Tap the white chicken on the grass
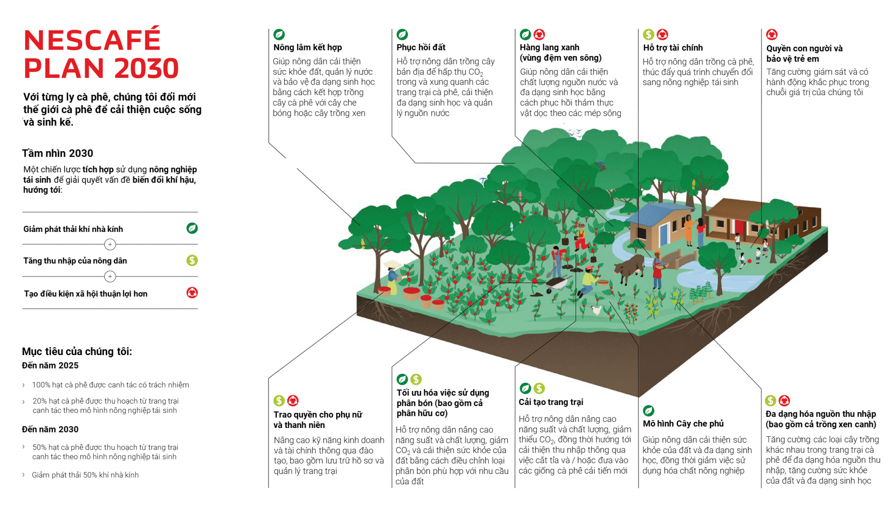tap(596, 310)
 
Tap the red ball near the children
tap(749, 261)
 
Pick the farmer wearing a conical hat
tap(393, 275)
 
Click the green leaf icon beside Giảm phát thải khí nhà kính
tap(192, 228)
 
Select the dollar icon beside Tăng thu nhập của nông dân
tap(192, 260)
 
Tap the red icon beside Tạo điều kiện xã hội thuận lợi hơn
tap(192, 293)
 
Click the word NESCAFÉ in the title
tap(92, 40)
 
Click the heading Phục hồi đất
tap(420, 48)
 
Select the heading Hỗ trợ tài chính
tap(672, 48)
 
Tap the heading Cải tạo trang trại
tap(551, 402)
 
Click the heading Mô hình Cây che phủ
tap(683, 424)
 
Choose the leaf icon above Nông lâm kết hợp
tap(279, 35)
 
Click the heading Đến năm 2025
tap(50, 366)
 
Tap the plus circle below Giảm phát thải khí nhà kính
tap(110, 245)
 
